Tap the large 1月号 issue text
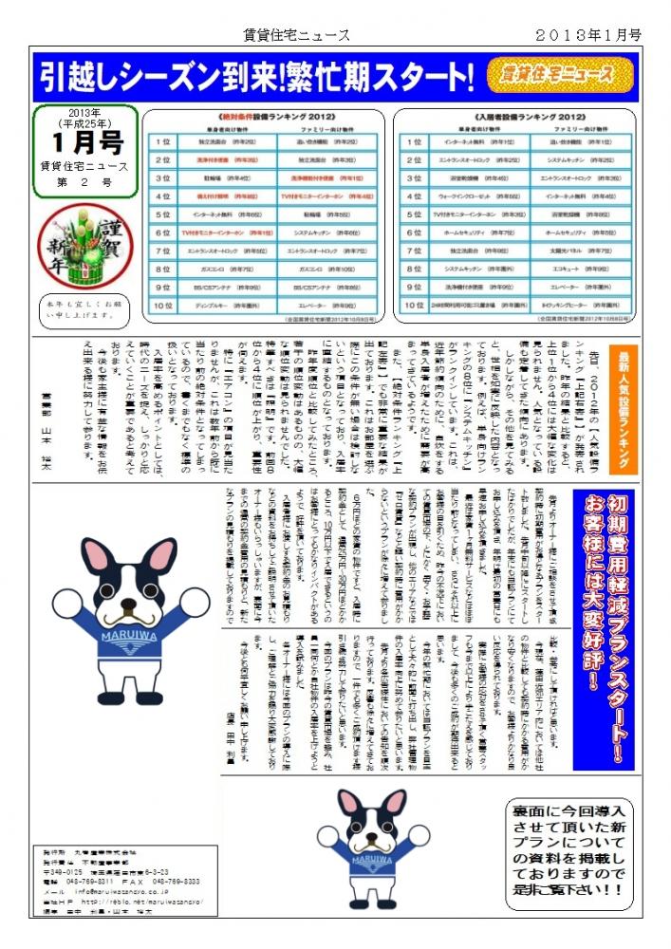click(85, 143)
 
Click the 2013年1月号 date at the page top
click(589, 35)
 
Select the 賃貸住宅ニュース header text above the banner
click(296, 35)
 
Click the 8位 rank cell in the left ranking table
click(162, 270)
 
